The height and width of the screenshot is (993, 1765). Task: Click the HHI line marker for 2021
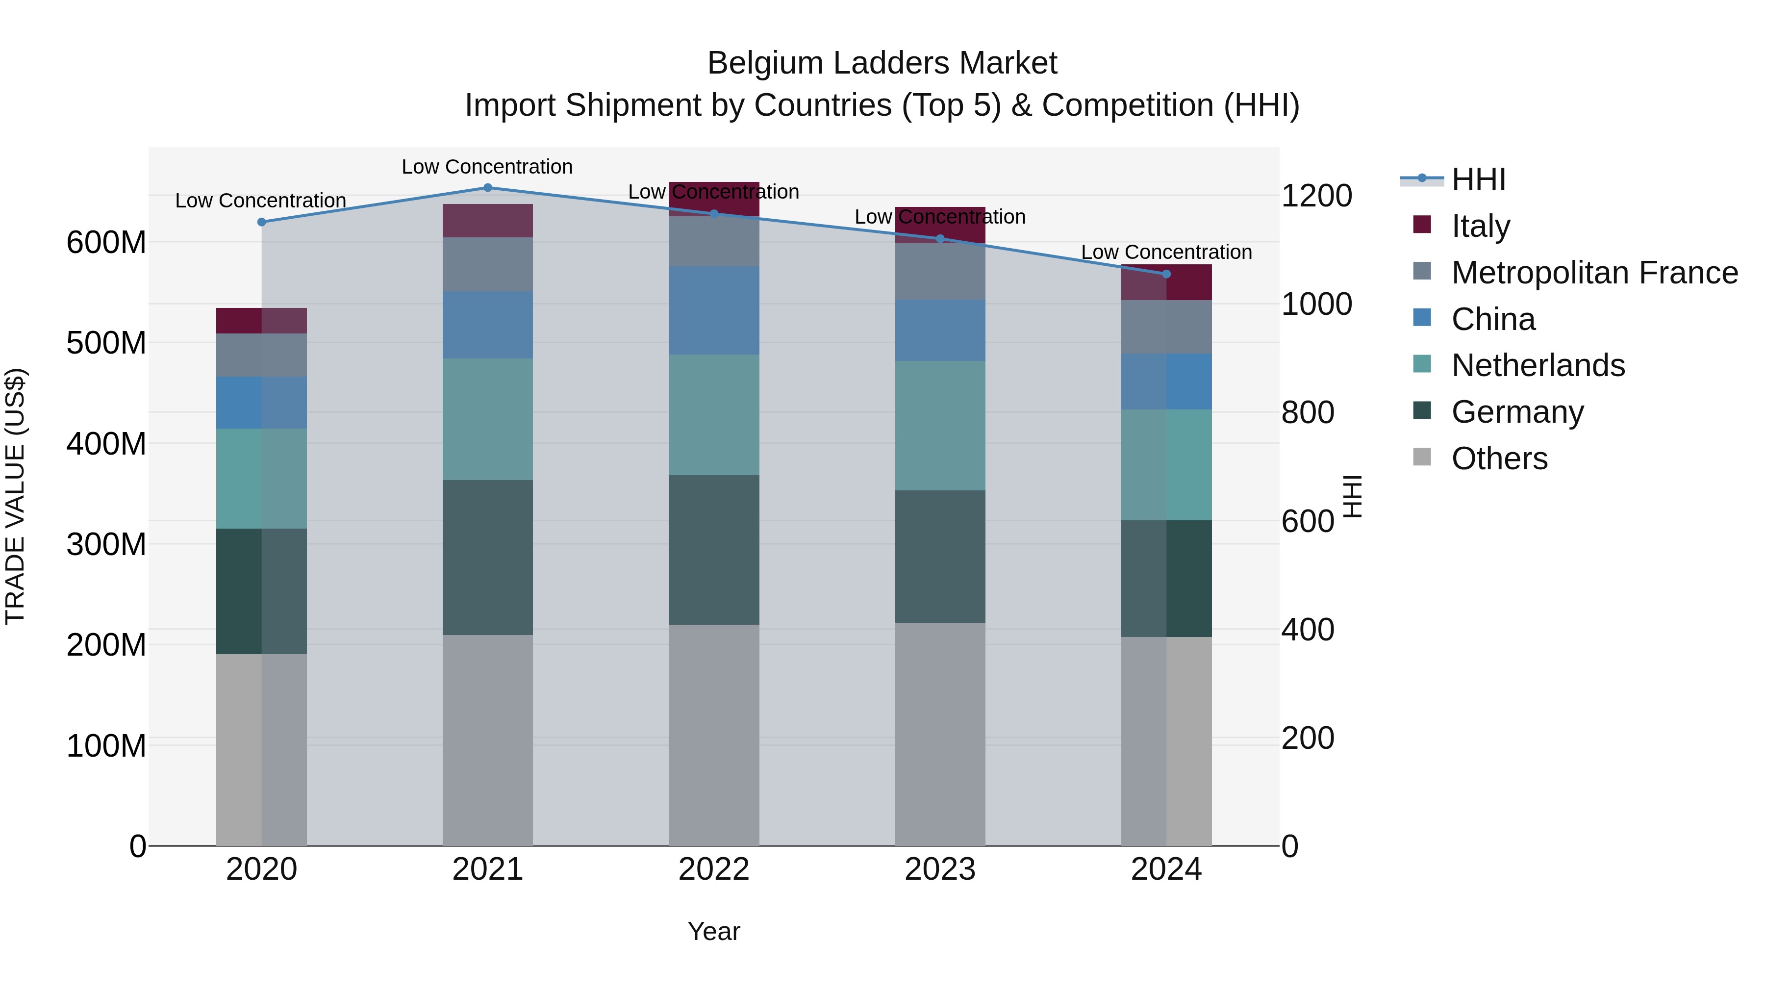[x=488, y=188]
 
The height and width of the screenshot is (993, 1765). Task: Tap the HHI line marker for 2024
[x=1167, y=274]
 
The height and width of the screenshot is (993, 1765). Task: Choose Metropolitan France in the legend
[x=1594, y=273]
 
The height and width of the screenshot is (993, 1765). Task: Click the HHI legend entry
[x=1478, y=179]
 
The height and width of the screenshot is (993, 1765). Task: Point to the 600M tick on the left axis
[x=106, y=243]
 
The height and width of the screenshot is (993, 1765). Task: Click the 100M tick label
[x=106, y=745]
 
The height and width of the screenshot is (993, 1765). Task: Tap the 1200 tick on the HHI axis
[x=1316, y=196]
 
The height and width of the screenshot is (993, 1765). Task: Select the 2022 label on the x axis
[x=714, y=869]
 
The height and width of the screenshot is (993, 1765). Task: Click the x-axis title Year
[x=714, y=931]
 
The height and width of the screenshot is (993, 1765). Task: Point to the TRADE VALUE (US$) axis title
[x=16, y=496]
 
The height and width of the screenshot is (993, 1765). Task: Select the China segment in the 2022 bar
[x=714, y=310]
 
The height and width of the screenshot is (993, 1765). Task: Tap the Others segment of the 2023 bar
[x=940, y=734]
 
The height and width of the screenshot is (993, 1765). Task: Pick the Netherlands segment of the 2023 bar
[x=940, y=426]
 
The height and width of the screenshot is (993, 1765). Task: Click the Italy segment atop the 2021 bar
[x=488, y=221]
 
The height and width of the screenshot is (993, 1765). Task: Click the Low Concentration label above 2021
[x=487, y=167]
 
